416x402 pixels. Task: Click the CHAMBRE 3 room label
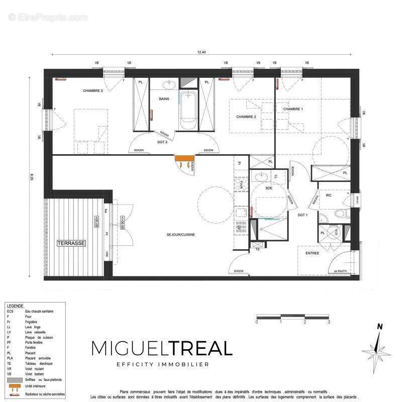(93, 91)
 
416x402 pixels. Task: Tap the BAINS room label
(164, 99)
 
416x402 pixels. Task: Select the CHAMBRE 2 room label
(246, 117)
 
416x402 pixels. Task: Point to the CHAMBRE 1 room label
(293, 109)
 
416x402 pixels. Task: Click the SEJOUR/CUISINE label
(181, 235)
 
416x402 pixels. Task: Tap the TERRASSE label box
(71, 243)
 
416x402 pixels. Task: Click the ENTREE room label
(312, 253)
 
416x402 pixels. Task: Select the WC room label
(329, 195)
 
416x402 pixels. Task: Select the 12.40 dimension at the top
(202, 53)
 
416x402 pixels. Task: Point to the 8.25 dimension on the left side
(32, 177)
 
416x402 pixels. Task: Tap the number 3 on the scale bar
(329, 322)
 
